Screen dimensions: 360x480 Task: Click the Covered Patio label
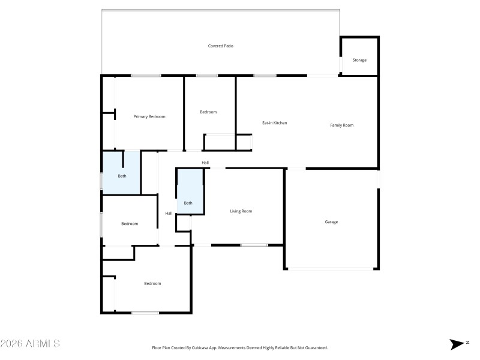(x=220, y=46)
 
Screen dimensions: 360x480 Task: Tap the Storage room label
(x=359, y=60)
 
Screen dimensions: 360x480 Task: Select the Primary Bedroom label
(x=149, y=116)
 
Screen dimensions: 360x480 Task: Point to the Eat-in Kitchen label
(x=274, y=123)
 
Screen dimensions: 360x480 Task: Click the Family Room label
(x=342, y=125)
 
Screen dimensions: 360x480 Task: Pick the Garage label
(x=331, y=222)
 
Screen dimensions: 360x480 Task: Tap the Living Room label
(x=241, y=211)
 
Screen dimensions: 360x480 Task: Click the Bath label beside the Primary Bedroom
(x=122, y=176)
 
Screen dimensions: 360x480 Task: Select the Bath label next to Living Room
(x=188, y=203)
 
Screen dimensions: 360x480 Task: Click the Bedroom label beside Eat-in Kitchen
(x=208, y=112)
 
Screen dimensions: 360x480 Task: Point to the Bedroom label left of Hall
(x=130, y=224)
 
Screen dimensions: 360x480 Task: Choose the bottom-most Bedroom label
(x=152, y=283)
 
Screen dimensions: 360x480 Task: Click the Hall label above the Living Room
(x=205, y=163)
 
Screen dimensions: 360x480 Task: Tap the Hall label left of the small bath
(x=169, y=213)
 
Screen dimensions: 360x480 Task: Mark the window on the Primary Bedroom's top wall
(x=146, y=76)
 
